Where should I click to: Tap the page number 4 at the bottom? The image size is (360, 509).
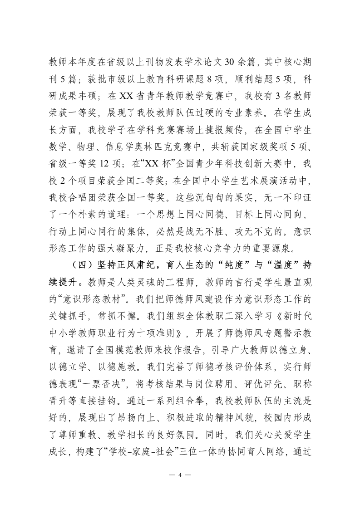pyautogui.click(x=180, y=475)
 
